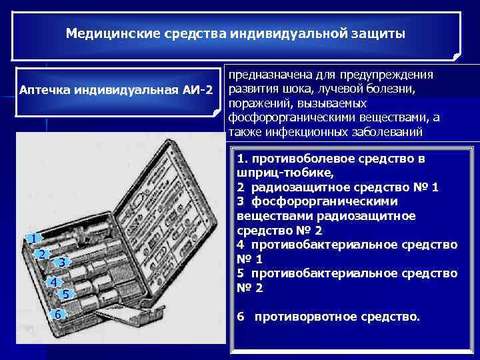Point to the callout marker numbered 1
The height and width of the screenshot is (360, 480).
(x=31, y=238)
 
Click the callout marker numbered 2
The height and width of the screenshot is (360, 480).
(x=41, y=254)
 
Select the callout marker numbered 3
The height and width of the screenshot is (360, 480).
(x=61, y=263)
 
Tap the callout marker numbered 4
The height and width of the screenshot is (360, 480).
(x=53, y=281)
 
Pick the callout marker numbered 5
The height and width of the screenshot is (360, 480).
(x=65, y=294)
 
